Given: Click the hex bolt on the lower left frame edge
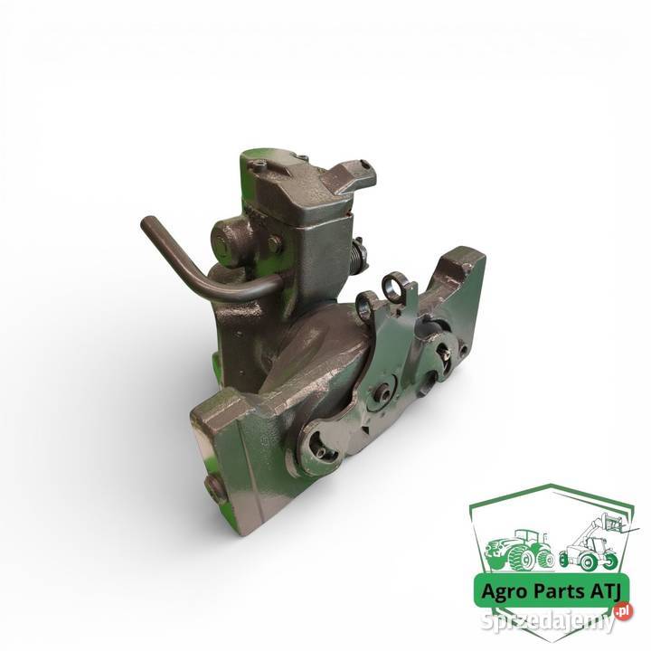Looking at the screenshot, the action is point(215,490).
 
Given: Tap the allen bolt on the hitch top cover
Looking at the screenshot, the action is point(259,167).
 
